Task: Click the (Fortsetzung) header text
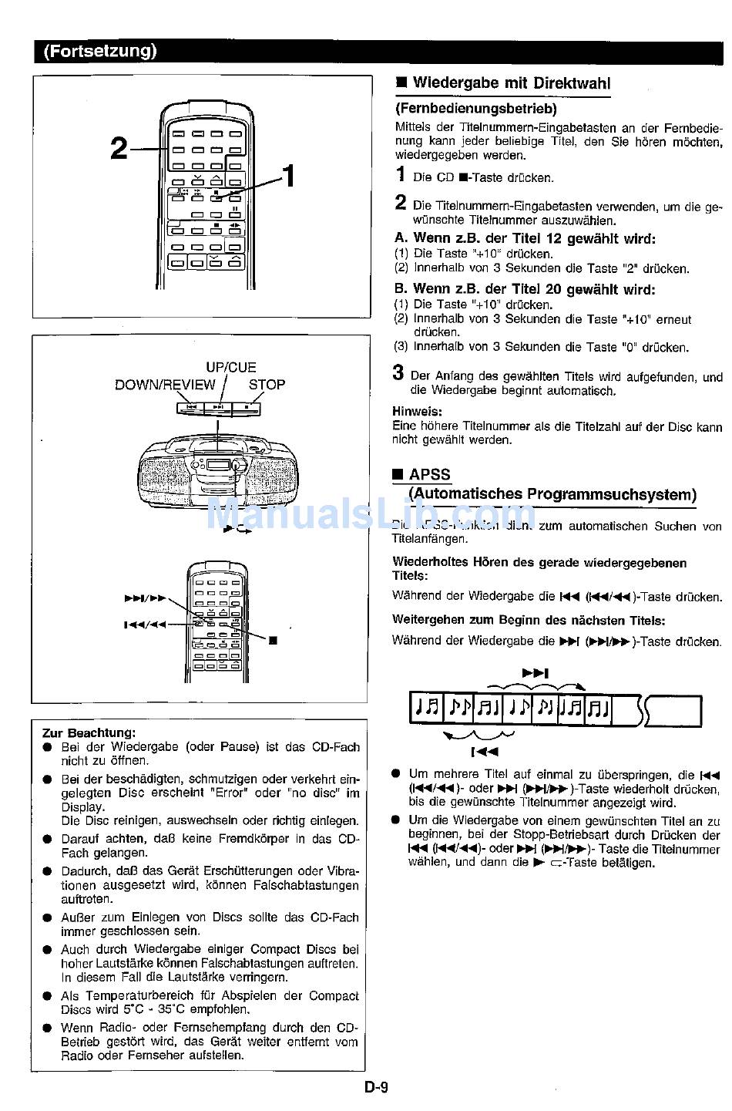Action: pos(100,52)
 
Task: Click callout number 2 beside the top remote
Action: pos(119,148)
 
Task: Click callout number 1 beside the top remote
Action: pos(289,177)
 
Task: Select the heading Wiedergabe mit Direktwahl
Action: pos(512,83)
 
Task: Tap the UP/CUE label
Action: pos(230,368)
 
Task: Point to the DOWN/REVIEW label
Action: pos(165,385)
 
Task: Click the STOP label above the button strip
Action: pos(267,385)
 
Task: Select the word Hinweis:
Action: pos(417,412)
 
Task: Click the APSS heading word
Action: pos(429,475)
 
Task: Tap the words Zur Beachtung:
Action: pos(89,732)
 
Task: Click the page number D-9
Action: pos(376,1088)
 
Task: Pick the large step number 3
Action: pos(398,373)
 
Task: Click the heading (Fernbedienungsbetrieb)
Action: pos(475,109)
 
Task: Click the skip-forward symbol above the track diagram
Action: pos(536,673)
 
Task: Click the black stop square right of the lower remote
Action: pos(273,640)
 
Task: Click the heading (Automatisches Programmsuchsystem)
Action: pos(552,494)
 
